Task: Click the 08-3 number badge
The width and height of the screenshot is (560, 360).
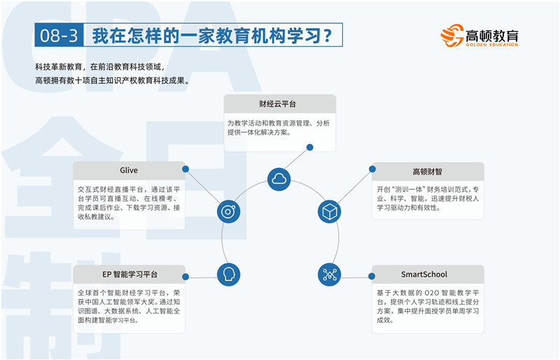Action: click(x=59, y=35)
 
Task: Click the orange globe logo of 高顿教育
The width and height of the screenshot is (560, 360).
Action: click(x=452, y=36)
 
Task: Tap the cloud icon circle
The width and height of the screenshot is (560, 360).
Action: click(x=279, y=179)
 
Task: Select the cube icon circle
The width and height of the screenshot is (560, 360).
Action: click(x=329, y=212)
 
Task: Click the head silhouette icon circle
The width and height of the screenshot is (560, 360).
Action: click(x=229, y=275)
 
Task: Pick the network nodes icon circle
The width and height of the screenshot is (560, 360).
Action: click(x=329, y=275)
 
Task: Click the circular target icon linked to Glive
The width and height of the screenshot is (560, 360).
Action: click(x=229, y=212)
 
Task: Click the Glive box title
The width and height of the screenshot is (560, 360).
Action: click(x=129, y=170)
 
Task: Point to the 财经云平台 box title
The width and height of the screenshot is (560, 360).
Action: click(x=277, y=104)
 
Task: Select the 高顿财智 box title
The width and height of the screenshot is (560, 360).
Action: click(x=427, y=172)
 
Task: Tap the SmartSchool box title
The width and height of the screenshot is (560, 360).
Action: click(x=424, y=275)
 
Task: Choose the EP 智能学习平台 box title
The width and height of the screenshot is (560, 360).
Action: click(x=129, y=275)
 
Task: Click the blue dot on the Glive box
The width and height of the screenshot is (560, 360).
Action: click(x=185, y=169)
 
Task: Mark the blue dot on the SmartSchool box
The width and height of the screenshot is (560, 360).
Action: click(x=372, y=276)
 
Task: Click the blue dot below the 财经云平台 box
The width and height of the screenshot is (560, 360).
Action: click(x=310, y=147)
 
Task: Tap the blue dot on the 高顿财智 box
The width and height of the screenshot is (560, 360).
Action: click(x=372, y=169)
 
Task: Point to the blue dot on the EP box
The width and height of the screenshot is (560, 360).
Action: click(x=185, y=277)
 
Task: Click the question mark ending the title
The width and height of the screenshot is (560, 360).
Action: click(x=328, y=36)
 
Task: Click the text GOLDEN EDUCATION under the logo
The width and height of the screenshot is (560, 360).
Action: click(x=492, y=45)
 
